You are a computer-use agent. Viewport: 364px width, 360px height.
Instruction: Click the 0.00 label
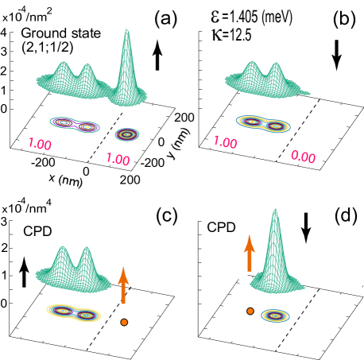[x=303, y=157]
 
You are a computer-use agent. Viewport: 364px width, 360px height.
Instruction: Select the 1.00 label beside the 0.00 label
[x=225, y=142]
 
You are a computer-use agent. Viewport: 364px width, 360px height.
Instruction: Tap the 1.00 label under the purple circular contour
[x=118, y=159]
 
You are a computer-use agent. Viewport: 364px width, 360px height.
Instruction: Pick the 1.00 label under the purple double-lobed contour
[x=40, y=145]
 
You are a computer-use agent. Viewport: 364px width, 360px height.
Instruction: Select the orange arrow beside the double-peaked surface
[x=123, y=286]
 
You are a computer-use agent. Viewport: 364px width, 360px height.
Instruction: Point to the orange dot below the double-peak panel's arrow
[x=124, y=322]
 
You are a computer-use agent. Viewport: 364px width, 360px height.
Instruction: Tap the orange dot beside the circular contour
[x=250, y=312]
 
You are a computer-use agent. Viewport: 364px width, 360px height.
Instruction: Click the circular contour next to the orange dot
[x=275, y=315]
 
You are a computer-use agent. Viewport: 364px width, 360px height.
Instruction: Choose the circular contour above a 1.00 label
[x=127, y=134]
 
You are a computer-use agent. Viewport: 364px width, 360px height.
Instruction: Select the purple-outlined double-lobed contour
[x=75, y=124]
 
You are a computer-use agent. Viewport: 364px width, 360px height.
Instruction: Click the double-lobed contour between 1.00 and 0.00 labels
[x=264, y=123]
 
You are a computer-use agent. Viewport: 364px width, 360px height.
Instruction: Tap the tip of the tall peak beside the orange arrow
[x=275, y=211]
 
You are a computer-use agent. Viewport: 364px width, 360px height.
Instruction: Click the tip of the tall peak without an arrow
[x=126, y=31]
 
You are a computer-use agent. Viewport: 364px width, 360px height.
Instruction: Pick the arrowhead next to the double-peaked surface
[x=123, y=274]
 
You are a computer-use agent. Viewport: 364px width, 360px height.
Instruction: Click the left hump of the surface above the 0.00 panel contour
[x=252, y=65]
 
